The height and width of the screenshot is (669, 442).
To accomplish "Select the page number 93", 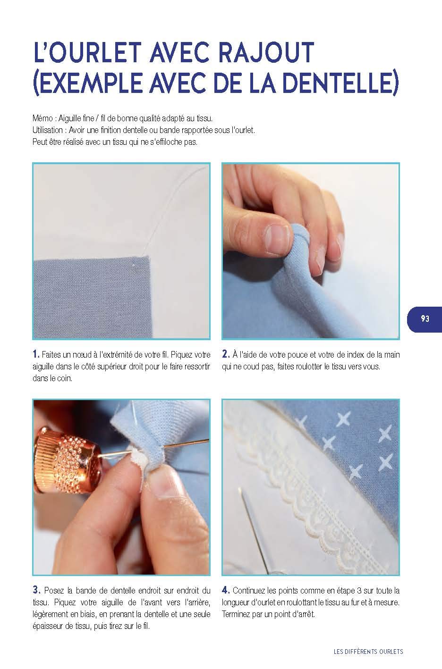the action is click(x=425, y=318).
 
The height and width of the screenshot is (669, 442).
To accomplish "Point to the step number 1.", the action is click(x=36, y=354).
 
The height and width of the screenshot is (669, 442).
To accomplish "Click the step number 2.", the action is click(x=226, y=354).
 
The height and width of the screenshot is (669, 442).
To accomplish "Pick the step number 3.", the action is click(x=36, y=590).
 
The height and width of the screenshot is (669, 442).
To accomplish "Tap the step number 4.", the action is click(x=226, y=590).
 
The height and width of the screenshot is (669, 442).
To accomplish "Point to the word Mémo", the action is click(x=42, y=118).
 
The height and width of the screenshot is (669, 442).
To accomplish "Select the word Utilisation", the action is click(x=48, y=130).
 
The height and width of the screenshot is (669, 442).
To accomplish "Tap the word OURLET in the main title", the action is click(x=95, y=53).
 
